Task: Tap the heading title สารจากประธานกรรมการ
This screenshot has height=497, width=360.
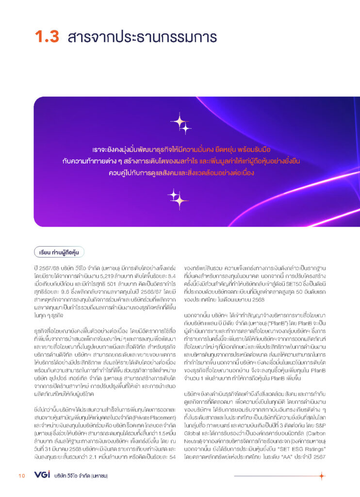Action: (143, 37)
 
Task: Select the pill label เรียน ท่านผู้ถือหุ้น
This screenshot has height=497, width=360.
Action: (60, 252)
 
